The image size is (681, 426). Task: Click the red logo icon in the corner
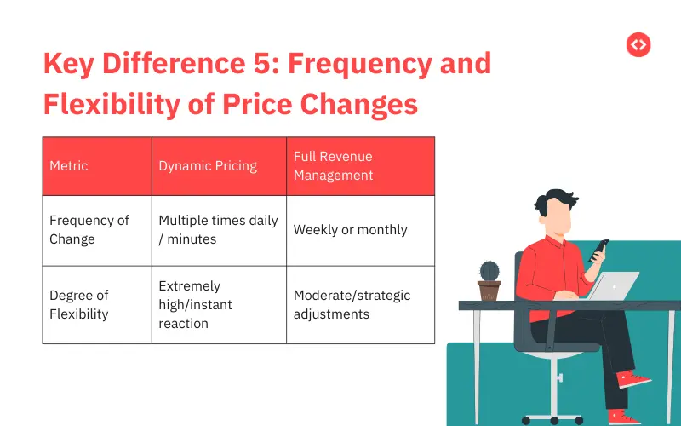pos(638,44)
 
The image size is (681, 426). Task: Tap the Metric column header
pos(69,166)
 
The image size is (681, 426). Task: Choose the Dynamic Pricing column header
pos(208,166)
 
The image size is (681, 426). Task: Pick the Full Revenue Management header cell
pos(334,166)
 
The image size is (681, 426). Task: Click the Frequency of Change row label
pos(89,230)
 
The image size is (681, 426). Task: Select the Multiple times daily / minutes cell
pos(218,230)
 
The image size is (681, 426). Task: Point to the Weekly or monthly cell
pos(350,230)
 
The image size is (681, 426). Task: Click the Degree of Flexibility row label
pos(79,305)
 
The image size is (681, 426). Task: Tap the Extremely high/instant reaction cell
pos(195,305)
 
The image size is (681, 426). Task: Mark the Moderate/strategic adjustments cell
pos(352,305)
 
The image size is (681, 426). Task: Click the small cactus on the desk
pos(489,272)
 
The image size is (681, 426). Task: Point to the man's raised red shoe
pos(633,378)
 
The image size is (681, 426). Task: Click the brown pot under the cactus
pos(489,291)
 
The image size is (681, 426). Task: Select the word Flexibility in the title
pos(117,104)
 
